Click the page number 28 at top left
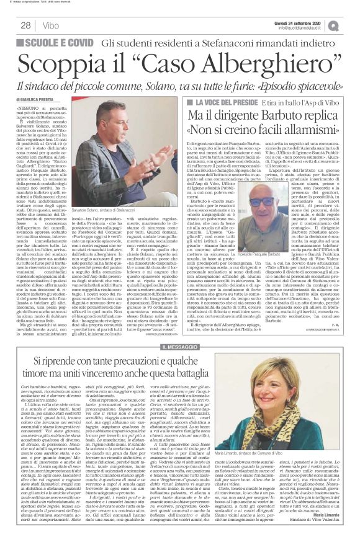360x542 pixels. [x=27, y=25]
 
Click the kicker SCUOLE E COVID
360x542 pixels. [x=60, y=42]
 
